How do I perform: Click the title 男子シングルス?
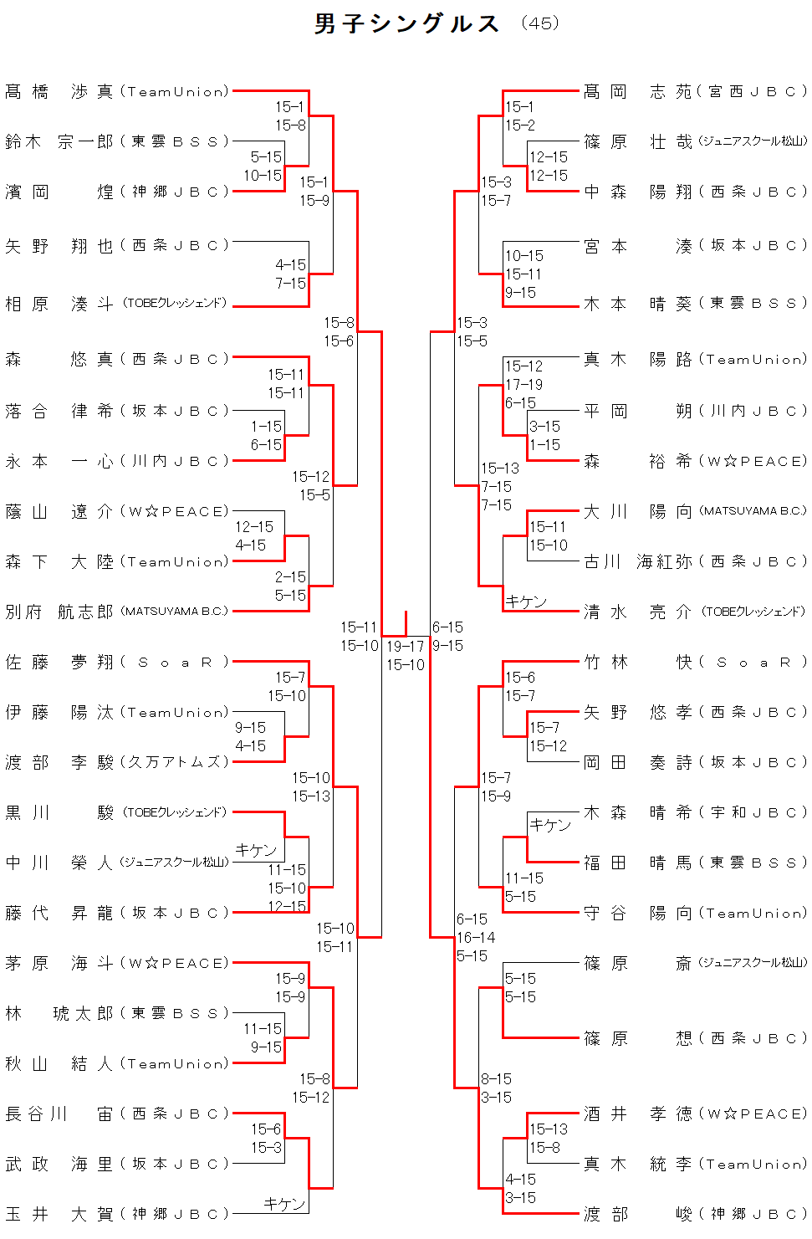(407, 23)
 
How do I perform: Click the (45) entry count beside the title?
(539, 23)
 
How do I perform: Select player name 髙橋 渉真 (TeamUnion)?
(117, 91)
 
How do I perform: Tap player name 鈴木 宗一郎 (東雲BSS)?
(117, 141)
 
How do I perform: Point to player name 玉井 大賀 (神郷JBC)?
(117, 1213)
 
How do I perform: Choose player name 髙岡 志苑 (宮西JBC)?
(695, 91)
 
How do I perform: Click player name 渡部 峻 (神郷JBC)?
(695, 1213)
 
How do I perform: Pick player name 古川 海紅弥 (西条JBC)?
(695, 561)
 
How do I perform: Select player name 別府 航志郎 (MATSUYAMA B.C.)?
(117, 612)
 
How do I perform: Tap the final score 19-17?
(405, 646)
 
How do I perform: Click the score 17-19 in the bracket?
(523, 384)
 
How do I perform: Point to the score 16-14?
(476, 937)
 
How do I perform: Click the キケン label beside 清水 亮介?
(526, 602)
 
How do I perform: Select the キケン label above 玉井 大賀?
(284, 1203)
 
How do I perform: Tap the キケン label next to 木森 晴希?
(550, 824)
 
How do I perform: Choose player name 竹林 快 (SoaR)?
(695, 662)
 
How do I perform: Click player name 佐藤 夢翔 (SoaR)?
(117, 662)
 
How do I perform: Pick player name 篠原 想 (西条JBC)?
(695, 1038)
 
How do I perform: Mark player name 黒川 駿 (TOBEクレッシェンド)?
(117, 811)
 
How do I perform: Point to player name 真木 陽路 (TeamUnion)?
(695, 359)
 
